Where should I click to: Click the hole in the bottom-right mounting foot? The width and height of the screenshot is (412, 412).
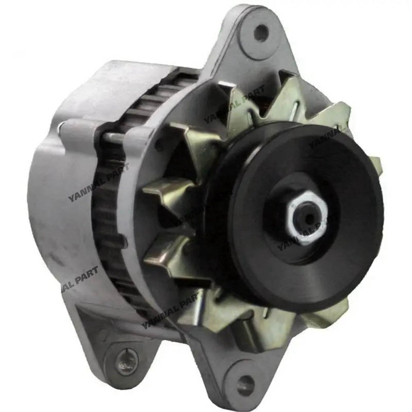point(246,379)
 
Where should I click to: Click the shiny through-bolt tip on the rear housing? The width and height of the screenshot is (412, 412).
point(61,125)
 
